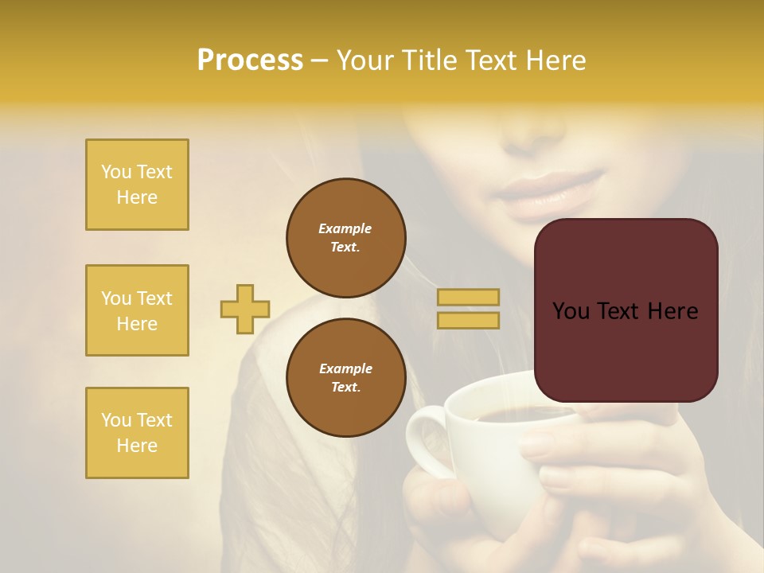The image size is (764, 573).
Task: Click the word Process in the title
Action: [250, 60]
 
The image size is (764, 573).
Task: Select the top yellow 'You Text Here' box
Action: [137, 185]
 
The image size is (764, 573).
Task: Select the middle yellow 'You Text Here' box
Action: [137, 310]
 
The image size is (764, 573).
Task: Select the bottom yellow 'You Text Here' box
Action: [137, 433]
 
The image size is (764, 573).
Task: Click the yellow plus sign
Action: [245, 309]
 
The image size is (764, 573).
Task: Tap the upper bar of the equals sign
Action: [469, 297]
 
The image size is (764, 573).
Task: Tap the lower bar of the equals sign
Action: [469, 320]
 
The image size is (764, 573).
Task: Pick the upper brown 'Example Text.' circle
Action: [345, 237]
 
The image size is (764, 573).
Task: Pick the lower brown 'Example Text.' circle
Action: [345, 377]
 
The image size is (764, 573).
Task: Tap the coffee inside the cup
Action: [509, 415]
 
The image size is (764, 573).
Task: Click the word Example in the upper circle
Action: [345, 228]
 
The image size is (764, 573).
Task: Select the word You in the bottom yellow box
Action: [115, 420]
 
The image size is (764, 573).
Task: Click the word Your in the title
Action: [364, 60]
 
